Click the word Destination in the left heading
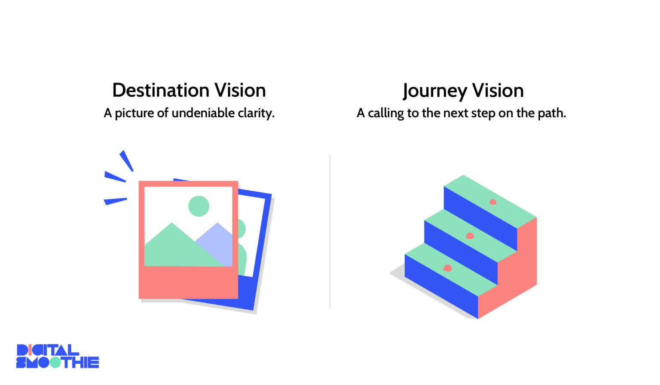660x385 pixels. (x=161, y=90)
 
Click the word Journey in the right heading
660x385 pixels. (x=434, y=91)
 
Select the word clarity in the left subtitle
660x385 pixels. (x=256, y=113)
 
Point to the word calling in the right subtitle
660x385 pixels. (x=386, y=113)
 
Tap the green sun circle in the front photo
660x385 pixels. (x=199, y=206)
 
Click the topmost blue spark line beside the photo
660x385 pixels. (x=126, y=160)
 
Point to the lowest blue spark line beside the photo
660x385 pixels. (x=115, y=201)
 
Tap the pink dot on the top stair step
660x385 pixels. (x=493, y=202)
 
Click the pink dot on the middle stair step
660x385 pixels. (x=470, y=235)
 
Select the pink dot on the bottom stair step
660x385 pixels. (x=447, y=268)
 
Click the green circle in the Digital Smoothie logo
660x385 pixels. (x=55, y=362)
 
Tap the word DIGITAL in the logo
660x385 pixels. (x=47, y=350)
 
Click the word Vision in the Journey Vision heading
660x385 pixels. (x=498, y=91)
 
